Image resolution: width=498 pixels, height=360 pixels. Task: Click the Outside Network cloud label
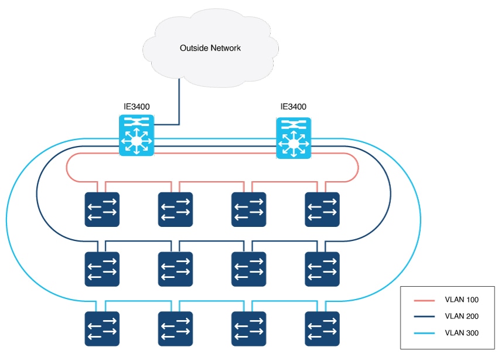pos(210,48)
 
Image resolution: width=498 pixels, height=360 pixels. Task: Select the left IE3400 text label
pos(137,107)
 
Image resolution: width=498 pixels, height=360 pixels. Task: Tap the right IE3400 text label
pos(293,107)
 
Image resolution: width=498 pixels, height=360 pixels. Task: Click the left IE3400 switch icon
pos(137,135)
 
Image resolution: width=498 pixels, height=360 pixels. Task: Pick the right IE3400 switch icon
pos(294,138)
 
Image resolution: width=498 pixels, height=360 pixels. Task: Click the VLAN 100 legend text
pos(462,300)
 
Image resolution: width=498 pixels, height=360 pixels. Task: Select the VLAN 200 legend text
pos(462,316)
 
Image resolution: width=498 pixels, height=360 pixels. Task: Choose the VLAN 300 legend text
pos(462,333)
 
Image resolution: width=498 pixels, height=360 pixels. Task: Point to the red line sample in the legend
pos(424,300)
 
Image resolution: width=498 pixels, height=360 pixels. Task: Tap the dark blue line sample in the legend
pos(424,317)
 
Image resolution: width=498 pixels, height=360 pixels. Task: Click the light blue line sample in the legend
pos(424,333)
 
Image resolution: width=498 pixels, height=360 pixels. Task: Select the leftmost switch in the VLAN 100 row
pos(102,209)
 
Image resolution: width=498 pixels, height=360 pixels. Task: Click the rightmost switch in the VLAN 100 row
pos(322,209)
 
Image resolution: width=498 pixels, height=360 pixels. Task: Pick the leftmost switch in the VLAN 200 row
pos(102,269)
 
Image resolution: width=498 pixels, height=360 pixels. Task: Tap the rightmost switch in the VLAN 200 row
pos(322,269)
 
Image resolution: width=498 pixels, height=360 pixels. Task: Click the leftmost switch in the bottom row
pos(102,329)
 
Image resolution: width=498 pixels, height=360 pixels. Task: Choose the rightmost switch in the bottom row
pos(322,329)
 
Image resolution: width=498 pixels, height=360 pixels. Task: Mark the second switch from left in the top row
pos(175,209)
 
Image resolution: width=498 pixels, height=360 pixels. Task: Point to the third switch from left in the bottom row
pos(248,329)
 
